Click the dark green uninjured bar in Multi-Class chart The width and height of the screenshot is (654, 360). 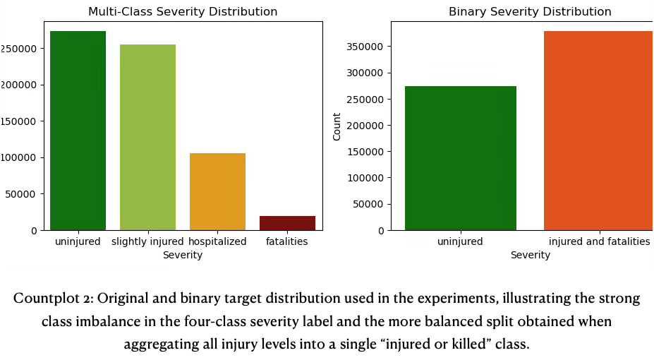pyautogui.click(x=78, y=131)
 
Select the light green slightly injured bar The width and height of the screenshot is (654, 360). pyautogui.click(x=147, y=138)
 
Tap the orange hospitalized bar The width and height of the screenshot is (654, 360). pyautogui.click(x=217, y=191)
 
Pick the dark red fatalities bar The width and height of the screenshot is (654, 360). pyautogui.click(x=287, y=223)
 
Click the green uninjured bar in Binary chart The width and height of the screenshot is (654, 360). pyautogui.click(x=460, y=158)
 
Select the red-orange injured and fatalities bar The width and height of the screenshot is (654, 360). pyautogui.click(x=598, y=131)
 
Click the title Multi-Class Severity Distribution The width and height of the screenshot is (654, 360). pyautogui.click(x=183, y=12)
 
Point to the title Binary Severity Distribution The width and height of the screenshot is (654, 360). pyautogui.click(x=530, y=12)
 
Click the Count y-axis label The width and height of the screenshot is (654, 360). pyautogui.click(x=337, y=126)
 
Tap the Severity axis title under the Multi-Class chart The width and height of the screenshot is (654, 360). pyautogui.click(x=183, y=256)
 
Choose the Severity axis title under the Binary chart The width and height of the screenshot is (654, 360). pyautogui.click(x=530, y=256)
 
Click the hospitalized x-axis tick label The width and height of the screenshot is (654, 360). pyautogui.click(x=217, y=242)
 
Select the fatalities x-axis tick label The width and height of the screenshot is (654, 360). pyautogui.click(x=287, y=242)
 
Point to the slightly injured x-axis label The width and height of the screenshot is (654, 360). pyautogui.click(x=147, y=242)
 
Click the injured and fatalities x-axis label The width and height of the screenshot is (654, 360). pyautogui.click(x=599, y=242)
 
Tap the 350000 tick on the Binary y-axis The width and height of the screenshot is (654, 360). pyautogui.click(x=365, y=47)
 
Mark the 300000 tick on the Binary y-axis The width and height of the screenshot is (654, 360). pyautogui.click(x=365, y=73)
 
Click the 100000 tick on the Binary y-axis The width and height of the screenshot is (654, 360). pyautogui.click(x=365, y=178)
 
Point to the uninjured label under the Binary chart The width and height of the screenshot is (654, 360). pyautogui.click(x=460, y=242)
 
